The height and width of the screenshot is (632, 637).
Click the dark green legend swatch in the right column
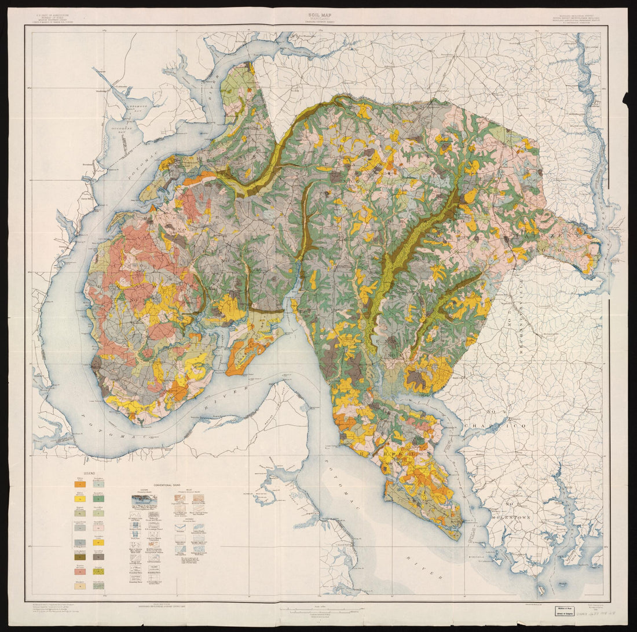[x=100, y=498]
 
